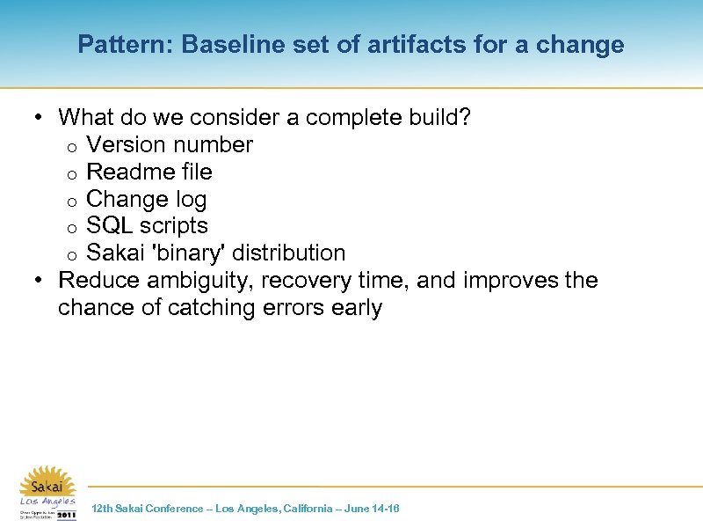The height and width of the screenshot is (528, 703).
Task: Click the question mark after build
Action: (465, 117)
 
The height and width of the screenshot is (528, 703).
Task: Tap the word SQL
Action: (109, 226)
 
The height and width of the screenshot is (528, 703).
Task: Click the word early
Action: (358, 308)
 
